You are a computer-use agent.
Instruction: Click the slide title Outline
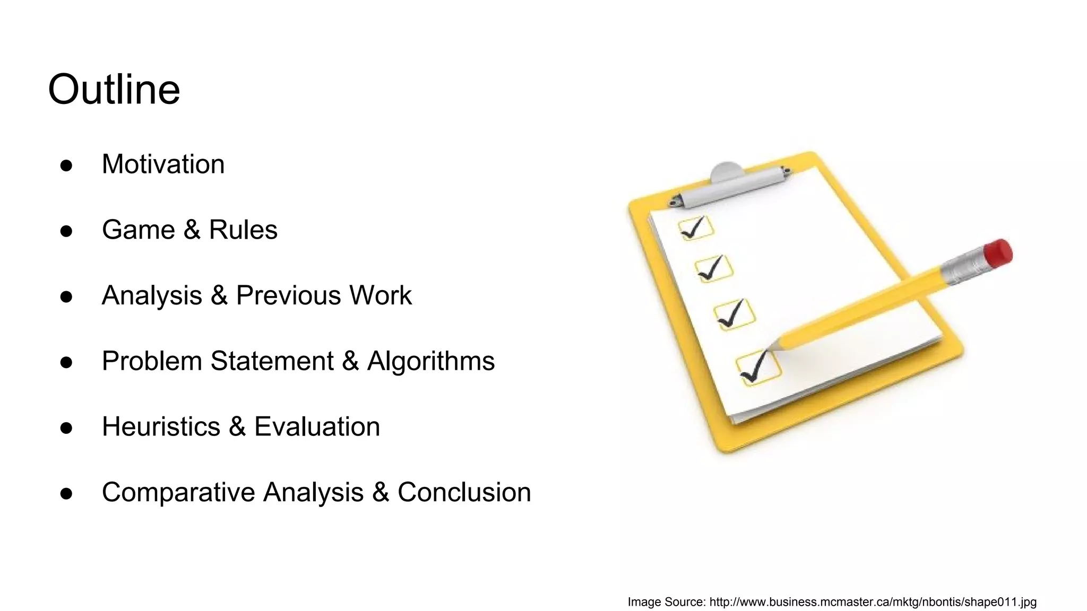click(114, 89)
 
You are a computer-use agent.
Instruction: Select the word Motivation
click(163, 164)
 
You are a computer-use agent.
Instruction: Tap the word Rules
click(243, 230)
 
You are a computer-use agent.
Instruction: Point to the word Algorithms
click(430, 361)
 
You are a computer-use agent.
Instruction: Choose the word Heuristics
click(161, 426)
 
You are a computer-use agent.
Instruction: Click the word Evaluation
click(317, 426)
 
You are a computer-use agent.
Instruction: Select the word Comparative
click(178, 492)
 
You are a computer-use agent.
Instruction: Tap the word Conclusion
click(464, 492)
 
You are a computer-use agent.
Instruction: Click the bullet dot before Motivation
click(66, 165)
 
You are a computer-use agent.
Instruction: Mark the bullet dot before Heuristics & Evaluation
click(66, 428)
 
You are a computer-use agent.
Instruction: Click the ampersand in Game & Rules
click(192, 230)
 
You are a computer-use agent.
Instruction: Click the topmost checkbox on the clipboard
click(695, 228)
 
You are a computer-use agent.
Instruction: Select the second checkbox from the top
click(714, 268)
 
